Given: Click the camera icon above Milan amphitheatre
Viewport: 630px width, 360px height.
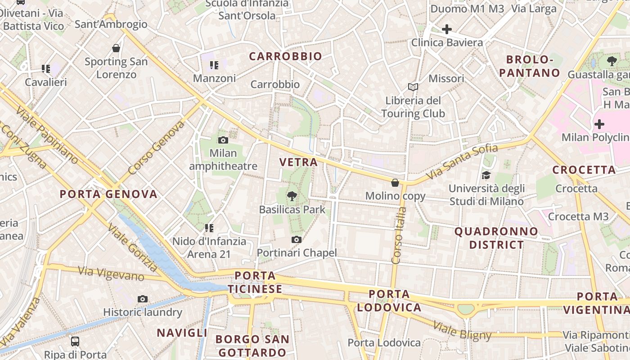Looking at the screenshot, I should coord(223,140).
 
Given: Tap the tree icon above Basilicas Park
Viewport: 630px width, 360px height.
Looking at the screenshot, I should coord(292,196).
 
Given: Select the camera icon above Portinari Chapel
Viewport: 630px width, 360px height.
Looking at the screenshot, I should coord(296,239).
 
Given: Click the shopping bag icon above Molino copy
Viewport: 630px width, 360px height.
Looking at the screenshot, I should coord(395,182).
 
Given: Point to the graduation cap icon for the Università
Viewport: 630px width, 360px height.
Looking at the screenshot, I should coord(486,175).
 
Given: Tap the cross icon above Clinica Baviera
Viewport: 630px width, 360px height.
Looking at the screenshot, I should coord(446,30).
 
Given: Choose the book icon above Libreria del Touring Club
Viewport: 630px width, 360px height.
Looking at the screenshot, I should coord(413,87).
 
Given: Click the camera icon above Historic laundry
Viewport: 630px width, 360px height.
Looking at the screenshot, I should coord(143,299).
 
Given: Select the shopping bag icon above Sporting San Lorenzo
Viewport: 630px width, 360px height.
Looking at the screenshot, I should coord(116,48).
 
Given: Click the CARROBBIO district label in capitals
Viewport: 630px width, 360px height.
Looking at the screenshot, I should coord(286,56).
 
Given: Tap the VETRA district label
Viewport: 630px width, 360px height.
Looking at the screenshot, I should coord(298,162).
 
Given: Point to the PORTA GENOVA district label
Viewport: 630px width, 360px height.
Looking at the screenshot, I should coord(109,194).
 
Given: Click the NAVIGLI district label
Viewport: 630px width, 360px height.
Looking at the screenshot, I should coord(182,333).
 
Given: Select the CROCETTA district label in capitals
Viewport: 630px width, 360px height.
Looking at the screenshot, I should coord(584,170).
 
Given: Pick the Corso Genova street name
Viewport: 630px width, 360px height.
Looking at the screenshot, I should coord(156,148).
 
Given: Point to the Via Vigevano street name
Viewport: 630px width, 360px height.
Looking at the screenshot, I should coord(111,273).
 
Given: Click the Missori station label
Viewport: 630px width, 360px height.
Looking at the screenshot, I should coord(446,79).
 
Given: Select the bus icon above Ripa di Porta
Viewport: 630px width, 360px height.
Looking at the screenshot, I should coord(75,341).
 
